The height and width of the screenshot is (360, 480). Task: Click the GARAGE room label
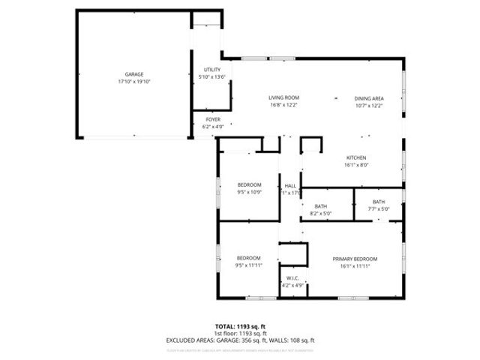point(134,74)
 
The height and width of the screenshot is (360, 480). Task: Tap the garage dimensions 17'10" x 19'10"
point(134,82)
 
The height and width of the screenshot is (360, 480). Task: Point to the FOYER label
point(213,119)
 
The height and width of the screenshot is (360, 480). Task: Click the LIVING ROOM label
point(284,97)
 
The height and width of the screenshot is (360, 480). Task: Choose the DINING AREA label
point(369,97)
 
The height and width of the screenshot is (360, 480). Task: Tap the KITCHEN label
point(355,157)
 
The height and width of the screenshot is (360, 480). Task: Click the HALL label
point(290,185)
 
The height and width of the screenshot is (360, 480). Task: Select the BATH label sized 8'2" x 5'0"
point(320,206)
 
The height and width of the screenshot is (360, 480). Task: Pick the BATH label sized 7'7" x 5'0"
point(379,201)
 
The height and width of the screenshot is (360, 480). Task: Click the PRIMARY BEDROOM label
point(355,258)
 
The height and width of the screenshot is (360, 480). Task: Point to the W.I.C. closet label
point(292,277)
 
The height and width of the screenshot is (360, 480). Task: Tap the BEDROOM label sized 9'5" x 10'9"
point(249,184)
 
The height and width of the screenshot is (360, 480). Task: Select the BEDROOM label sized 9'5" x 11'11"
point(248,258)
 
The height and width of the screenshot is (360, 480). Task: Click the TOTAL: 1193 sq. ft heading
point(240,326)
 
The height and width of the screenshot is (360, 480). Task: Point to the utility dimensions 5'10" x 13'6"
point(212,77)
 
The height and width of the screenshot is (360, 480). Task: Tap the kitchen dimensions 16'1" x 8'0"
point(355,165)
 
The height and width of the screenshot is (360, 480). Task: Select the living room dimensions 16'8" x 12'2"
point(284,106)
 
